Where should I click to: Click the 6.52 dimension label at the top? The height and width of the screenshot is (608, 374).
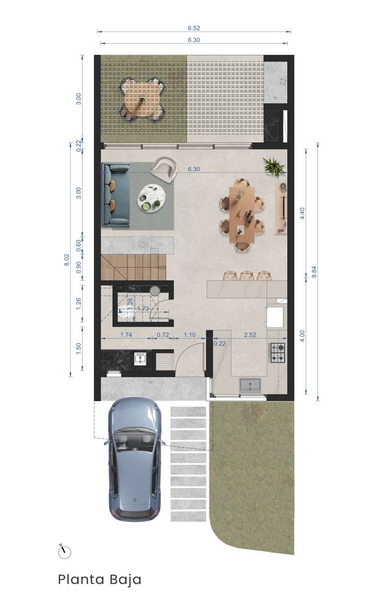(194, 28)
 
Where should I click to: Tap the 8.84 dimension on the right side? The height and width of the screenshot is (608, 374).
(314, 271)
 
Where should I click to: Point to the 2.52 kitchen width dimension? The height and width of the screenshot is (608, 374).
(250, 335)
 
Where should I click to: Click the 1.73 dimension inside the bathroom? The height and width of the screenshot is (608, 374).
(143, 309)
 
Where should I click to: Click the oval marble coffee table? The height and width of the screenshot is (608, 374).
(152, 198)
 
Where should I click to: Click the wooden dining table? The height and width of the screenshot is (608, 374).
(242, 213)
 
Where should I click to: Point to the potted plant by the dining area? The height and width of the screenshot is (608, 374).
(273, 166)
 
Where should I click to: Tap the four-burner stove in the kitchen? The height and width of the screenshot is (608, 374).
(278, 353)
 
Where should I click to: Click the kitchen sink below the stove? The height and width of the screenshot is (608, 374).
(250, 385)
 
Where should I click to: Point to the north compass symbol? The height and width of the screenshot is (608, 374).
(65, 551)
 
